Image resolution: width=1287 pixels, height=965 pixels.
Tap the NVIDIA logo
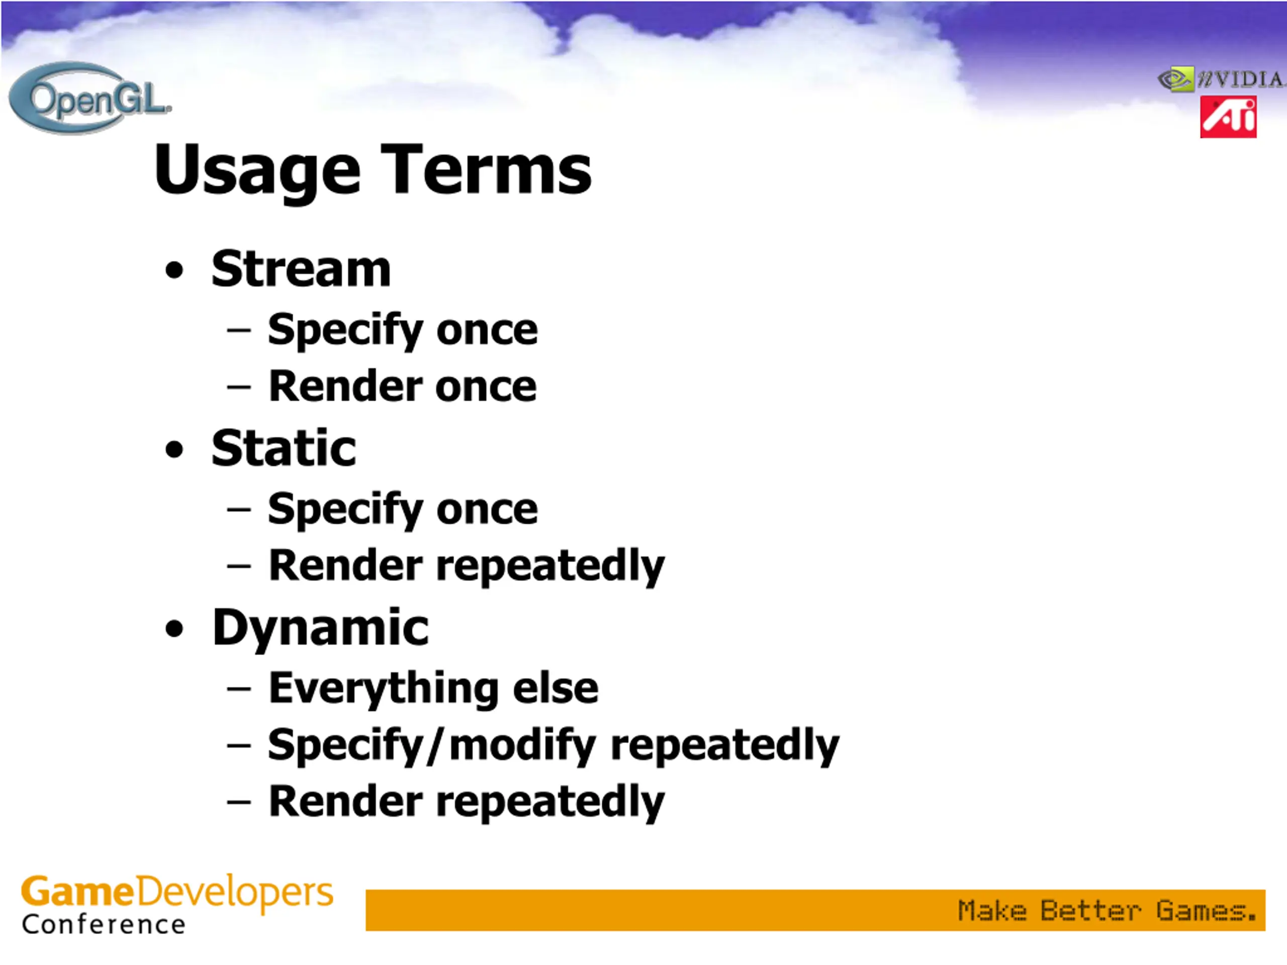point(1221,79)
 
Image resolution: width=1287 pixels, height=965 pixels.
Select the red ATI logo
point(1228,118)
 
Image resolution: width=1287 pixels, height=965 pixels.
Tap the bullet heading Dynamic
point(321,629)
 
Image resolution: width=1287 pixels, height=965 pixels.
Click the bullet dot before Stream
point(174,270)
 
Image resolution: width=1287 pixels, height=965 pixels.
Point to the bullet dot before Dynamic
point(174,629)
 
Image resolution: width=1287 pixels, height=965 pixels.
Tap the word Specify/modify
point(432,746)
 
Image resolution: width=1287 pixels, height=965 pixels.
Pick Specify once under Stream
point(403,330)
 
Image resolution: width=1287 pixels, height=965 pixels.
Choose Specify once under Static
point(403,510)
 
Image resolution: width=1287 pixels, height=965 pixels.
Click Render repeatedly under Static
point(467,566)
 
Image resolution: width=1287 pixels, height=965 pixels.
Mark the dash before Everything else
point(239,689)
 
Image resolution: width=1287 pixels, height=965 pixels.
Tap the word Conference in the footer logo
point(104,924)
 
